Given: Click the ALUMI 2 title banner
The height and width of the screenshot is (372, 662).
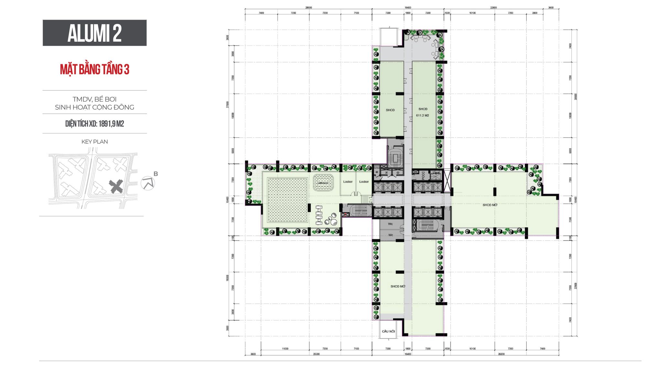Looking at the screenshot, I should click(x=94, y=33).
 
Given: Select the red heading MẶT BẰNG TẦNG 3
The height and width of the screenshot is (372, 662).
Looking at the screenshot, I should click(x=94, y=69).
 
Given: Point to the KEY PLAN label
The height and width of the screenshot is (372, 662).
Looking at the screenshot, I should click(x=94, y=142).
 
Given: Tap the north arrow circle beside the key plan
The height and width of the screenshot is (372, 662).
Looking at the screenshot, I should click(x=148, y=183).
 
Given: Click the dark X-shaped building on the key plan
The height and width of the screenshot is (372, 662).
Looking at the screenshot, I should click(x=116, y=186).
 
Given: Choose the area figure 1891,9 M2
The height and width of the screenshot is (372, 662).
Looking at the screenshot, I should click(x=111, y=124).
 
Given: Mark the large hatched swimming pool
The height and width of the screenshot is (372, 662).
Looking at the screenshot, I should click(x=287, y=200).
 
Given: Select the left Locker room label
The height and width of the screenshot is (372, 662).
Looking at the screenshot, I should click(x=348, y=182).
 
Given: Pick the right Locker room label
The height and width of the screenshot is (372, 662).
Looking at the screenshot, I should click(x=364, y=182).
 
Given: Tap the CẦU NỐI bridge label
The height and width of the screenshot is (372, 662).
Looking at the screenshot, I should click(x=388, y=331).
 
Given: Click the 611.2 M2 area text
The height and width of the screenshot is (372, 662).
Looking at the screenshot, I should click(x=422, y=115).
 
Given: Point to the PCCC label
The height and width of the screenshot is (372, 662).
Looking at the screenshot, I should click(x=423, y=175).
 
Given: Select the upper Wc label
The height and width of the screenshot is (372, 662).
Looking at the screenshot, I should click(x=390, y=224).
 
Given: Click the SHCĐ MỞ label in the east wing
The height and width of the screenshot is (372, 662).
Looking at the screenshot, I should click(x=490, y=205).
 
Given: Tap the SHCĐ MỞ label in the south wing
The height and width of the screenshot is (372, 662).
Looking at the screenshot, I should click(x=398, y=286).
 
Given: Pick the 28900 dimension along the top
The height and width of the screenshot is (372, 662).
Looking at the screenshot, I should click(x=308, y=7).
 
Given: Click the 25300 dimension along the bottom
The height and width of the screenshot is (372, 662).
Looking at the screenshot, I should click(x=316, y=354).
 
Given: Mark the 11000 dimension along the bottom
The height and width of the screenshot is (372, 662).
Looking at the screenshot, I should click(x=285, y=349).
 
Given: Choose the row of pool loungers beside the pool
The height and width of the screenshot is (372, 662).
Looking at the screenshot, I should click(x=319, y=215).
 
